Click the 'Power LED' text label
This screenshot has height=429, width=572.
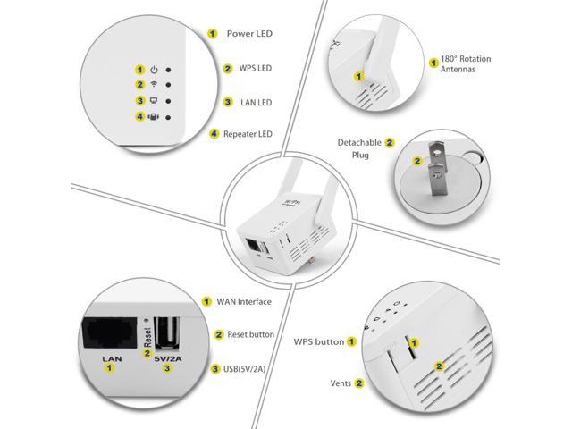249,34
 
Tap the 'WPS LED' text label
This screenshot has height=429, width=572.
256,68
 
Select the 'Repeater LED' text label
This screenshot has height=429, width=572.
248,134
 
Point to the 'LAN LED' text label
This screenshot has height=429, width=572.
257,103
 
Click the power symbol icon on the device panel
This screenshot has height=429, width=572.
154,70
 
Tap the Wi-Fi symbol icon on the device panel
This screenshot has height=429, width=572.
154,84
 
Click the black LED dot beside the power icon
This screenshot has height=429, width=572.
168,70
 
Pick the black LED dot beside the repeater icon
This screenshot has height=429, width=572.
168,117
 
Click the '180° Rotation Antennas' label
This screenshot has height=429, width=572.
466,63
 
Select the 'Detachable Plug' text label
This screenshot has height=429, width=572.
359,148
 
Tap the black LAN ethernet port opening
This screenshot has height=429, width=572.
110,332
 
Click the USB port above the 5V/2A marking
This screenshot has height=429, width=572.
167,333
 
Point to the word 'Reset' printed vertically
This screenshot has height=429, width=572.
147,337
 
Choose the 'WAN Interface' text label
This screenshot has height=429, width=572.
244,302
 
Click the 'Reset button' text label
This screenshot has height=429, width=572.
250,334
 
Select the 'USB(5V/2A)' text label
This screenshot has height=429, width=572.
244,369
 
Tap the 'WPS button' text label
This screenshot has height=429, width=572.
319,341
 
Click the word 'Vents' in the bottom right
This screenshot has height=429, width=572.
341,383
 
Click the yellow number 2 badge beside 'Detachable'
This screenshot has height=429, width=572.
390,143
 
